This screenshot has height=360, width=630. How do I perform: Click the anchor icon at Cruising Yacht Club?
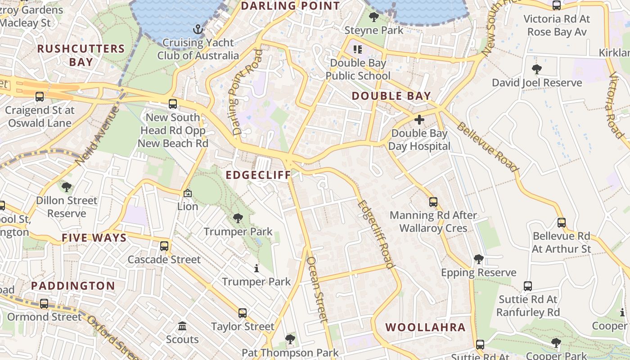198,30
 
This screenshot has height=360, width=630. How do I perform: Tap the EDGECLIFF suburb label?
258,175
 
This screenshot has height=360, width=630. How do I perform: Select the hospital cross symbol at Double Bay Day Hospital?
419,120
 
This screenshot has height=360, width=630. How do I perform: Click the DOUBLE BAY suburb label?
391,96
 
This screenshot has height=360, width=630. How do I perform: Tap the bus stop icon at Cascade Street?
164,246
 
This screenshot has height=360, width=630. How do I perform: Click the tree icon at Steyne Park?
373,18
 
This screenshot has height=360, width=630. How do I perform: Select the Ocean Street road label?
315,289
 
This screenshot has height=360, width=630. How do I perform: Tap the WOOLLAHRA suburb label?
425,327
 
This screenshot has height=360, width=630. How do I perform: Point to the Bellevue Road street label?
488,146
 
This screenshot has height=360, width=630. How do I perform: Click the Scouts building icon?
182,326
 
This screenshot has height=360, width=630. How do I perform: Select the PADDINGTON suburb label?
73,286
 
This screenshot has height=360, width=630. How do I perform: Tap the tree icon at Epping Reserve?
479,259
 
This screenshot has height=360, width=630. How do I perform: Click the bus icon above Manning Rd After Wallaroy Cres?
433,202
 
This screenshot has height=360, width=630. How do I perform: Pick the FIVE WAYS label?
94,238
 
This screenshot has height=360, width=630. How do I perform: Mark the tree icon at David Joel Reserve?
536,69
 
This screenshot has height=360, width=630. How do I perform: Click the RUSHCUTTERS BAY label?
81,55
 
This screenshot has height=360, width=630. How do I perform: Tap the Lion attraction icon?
188,193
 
